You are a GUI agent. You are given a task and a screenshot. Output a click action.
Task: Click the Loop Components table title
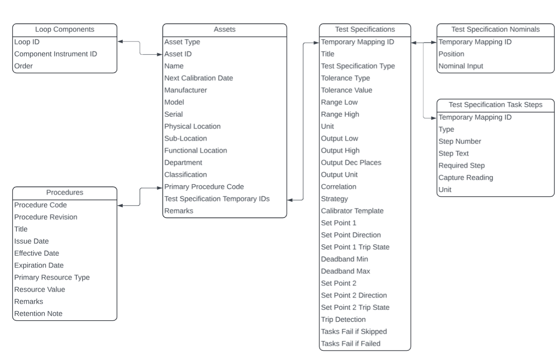coord(64,29)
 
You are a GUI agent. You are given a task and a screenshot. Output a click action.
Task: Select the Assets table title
coord(224,29)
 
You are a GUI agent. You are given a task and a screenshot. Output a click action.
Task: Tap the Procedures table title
coord(64,193)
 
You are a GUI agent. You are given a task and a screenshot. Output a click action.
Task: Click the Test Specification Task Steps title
coord(495,105)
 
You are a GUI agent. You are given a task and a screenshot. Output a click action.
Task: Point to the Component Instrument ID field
coord(56,54)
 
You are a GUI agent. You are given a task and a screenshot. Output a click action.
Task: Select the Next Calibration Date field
coord(198,78)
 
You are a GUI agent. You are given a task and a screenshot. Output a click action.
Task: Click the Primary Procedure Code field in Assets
coord(204,187)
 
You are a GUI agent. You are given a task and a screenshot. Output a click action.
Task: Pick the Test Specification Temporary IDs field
coord(217,199)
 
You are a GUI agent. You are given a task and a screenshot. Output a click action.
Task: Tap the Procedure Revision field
coord(46,217)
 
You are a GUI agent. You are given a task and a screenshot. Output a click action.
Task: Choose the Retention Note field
coord(38,314)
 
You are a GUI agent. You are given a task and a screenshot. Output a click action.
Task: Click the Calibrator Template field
coord(352,211)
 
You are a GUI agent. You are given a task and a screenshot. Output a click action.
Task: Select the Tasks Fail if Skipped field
coord(354,332)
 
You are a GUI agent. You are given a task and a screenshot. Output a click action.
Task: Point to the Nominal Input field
coord(461,66)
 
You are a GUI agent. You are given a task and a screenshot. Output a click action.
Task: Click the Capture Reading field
coord(466,177)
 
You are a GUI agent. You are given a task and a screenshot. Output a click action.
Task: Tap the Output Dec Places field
coord(351,163)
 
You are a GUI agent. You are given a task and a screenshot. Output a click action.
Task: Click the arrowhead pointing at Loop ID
coord(120,42)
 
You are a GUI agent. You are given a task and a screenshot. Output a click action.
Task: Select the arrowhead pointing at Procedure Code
coord(120,206)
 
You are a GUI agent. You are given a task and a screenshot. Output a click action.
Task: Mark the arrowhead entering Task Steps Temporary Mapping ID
coord(434,118)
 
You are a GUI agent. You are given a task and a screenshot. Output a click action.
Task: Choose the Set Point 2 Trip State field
coord(355,308)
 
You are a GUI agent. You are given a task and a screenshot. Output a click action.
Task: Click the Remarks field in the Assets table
coord(179,211)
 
